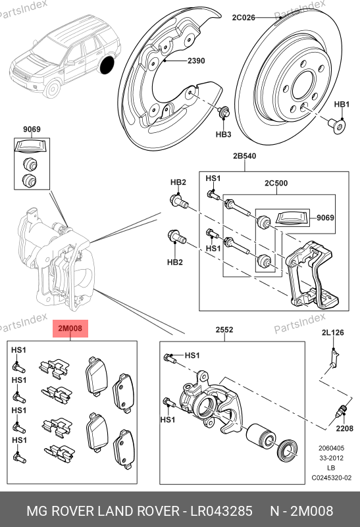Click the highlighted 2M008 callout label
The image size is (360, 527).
click(x=70, y=328)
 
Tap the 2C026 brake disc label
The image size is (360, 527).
click(x=244, y=18)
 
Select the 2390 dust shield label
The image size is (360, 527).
click(x=196, y=61)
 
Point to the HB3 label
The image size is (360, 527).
click(x=223, y=134)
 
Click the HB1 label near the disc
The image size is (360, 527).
click(x=342, y=105)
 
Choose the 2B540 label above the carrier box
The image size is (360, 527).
click(x=244, y=156)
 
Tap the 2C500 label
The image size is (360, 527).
click(x=276, y=183)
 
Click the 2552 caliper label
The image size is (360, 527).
click(x=224, y=330)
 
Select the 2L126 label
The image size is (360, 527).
click(x=333, y=333)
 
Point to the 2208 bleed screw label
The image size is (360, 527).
click(x=345, y=428)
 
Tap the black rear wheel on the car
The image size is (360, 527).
click(x=107, y=65)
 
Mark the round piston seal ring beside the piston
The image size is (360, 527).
click(x=287, y=451)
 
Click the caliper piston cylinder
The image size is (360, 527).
click(x=261, y=437)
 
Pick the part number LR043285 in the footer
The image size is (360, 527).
click(x=222, y=511)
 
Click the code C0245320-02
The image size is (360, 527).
click(x=332, y=478)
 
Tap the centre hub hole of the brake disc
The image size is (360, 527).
click(x=303, y=86)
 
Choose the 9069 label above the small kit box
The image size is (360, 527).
click(x=32, y=130)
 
